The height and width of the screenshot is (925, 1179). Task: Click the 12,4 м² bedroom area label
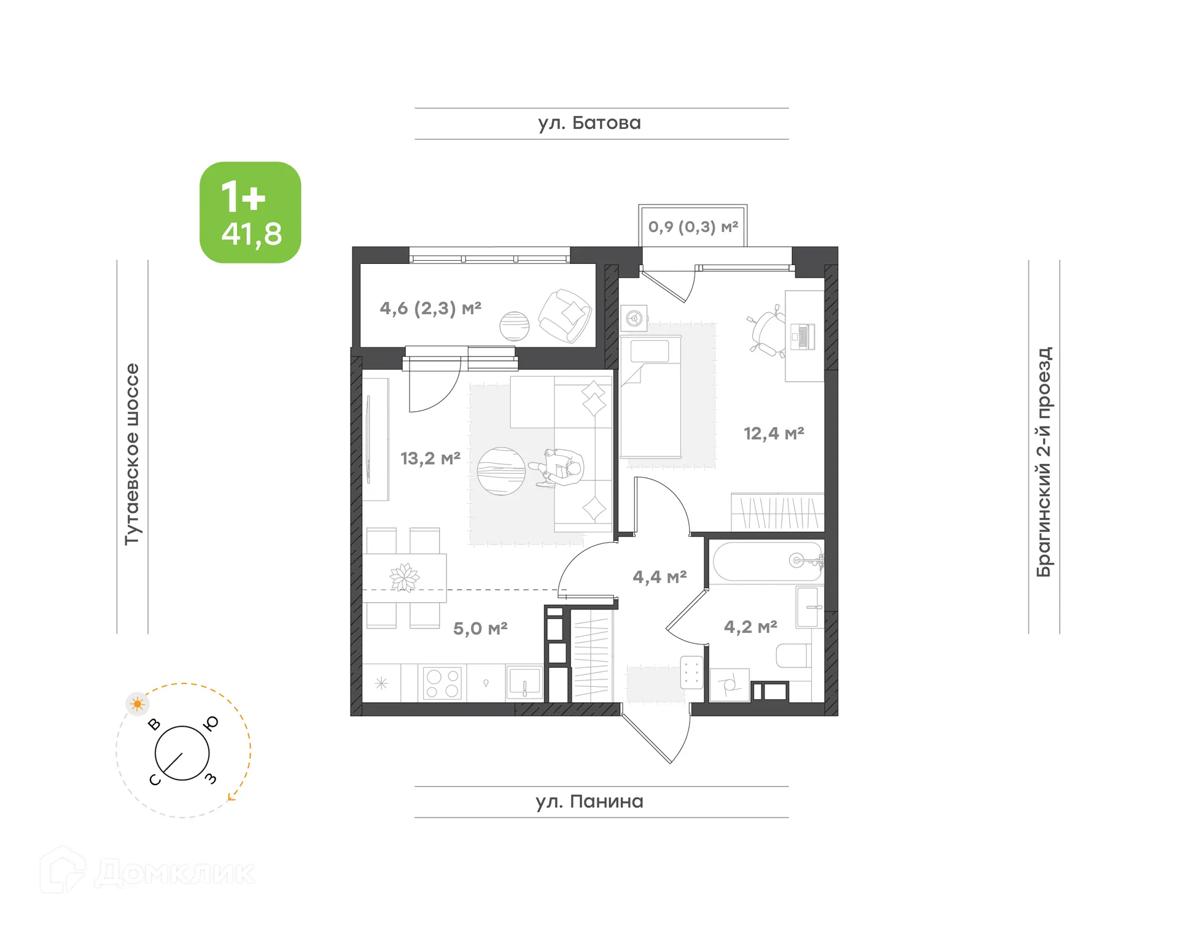pos(773,433)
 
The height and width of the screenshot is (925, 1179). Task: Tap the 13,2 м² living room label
pos(430,458)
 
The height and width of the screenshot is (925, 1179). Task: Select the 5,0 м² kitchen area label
pos(480,628)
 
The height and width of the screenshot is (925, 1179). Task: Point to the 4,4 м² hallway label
pos(659,576)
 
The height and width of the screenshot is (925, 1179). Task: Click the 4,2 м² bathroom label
pos(750,626)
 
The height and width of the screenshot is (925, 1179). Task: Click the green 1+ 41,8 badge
pos(250,212)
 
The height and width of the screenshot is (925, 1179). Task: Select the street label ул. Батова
pos(589,123)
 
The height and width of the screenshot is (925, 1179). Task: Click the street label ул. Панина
pos(589,801)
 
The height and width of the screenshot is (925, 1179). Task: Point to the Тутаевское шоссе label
pos(132,454)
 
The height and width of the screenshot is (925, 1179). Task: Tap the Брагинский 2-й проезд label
pos(1044,462)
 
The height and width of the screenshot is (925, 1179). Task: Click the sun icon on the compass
pos(137,703)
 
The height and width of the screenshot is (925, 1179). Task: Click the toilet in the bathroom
pos(793,656)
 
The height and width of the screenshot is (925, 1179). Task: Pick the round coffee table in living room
pos(501,471)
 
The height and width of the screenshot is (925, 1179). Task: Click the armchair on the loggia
pos(566,315)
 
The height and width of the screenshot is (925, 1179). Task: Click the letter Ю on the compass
pos(211,723)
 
